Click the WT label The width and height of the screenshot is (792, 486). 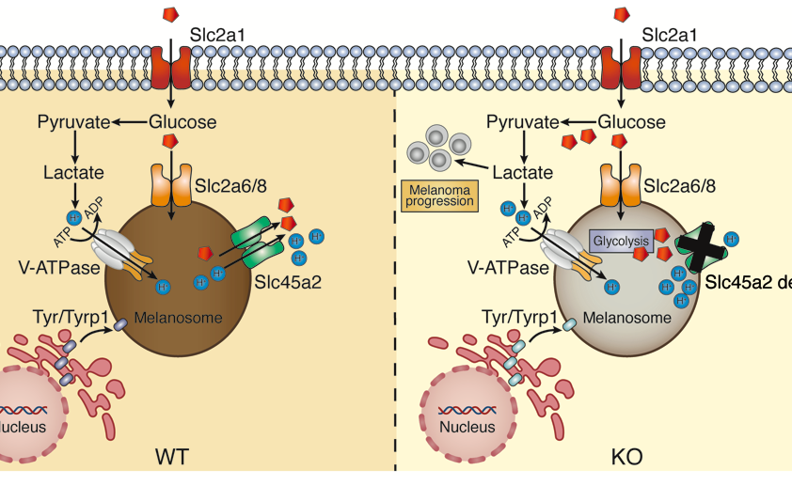[171, 458]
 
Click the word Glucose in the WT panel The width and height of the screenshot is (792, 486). [183, 121]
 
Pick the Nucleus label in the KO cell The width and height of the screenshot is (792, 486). [468, 427]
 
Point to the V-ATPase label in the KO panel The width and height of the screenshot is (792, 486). [506, 268]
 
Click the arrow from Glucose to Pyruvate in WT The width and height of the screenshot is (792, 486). [130, 121]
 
